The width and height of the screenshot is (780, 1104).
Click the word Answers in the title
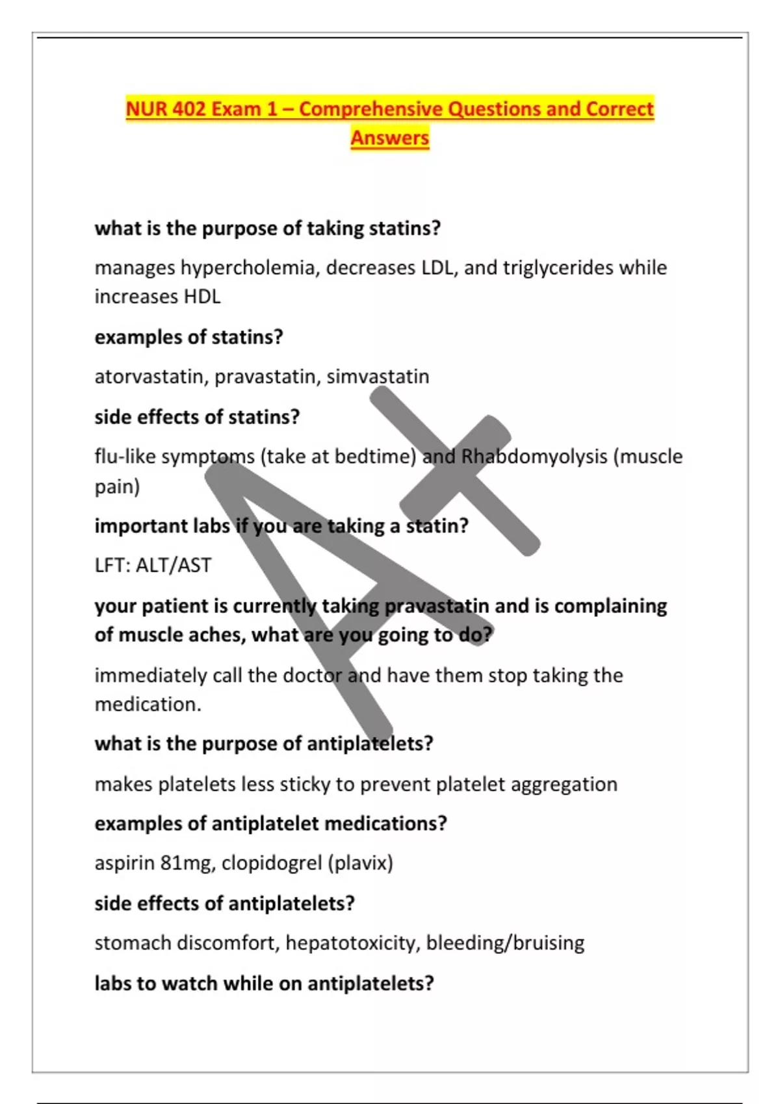(x=390, y=138)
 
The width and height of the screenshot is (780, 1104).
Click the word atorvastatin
(x=151, y=377)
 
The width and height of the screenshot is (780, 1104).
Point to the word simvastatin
(x=378, y=377)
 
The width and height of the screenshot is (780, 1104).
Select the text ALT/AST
(x=173, y=565)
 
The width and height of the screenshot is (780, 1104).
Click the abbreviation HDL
(x=202, y=297)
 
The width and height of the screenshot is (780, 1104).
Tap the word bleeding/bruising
(x=505, y=943)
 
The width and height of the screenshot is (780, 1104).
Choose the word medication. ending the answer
(x=148, y=705)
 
